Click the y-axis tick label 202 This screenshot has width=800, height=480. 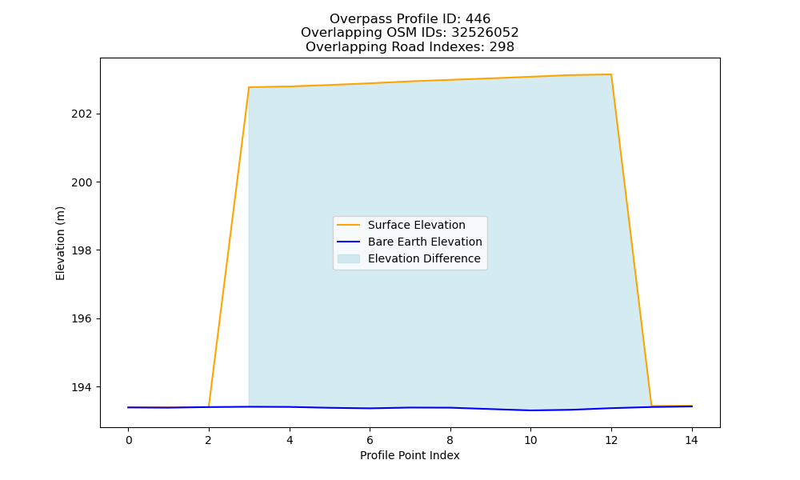pos(82,114)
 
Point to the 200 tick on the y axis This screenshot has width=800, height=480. pos(82,182)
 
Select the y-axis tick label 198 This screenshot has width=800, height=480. pos(82,250)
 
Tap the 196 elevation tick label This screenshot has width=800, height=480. pos(82,319)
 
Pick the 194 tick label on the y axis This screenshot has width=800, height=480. pos(82,387)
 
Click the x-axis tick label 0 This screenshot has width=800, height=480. pos(129,440)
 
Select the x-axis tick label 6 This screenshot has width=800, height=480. pos(370,440)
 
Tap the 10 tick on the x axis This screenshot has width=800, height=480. pos(530,440)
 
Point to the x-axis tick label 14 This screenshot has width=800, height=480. pos(691,440)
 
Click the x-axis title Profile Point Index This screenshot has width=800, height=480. pos(410,455)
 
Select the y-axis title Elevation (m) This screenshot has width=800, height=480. pos(60,243)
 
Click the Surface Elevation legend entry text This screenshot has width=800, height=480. pos(416,225)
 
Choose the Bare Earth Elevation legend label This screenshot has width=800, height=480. pos(425,242)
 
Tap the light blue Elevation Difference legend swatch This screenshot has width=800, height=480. pos(349,258)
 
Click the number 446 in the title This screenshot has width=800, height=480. pos(478,19)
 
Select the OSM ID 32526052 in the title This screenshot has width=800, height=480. pos(485,33)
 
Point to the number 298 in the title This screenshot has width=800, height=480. pos(502,47)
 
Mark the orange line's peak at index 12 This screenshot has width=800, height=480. pos(610,74)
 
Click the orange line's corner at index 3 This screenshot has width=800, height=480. pos(249,87)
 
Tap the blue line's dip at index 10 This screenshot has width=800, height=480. pos(530,410)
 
